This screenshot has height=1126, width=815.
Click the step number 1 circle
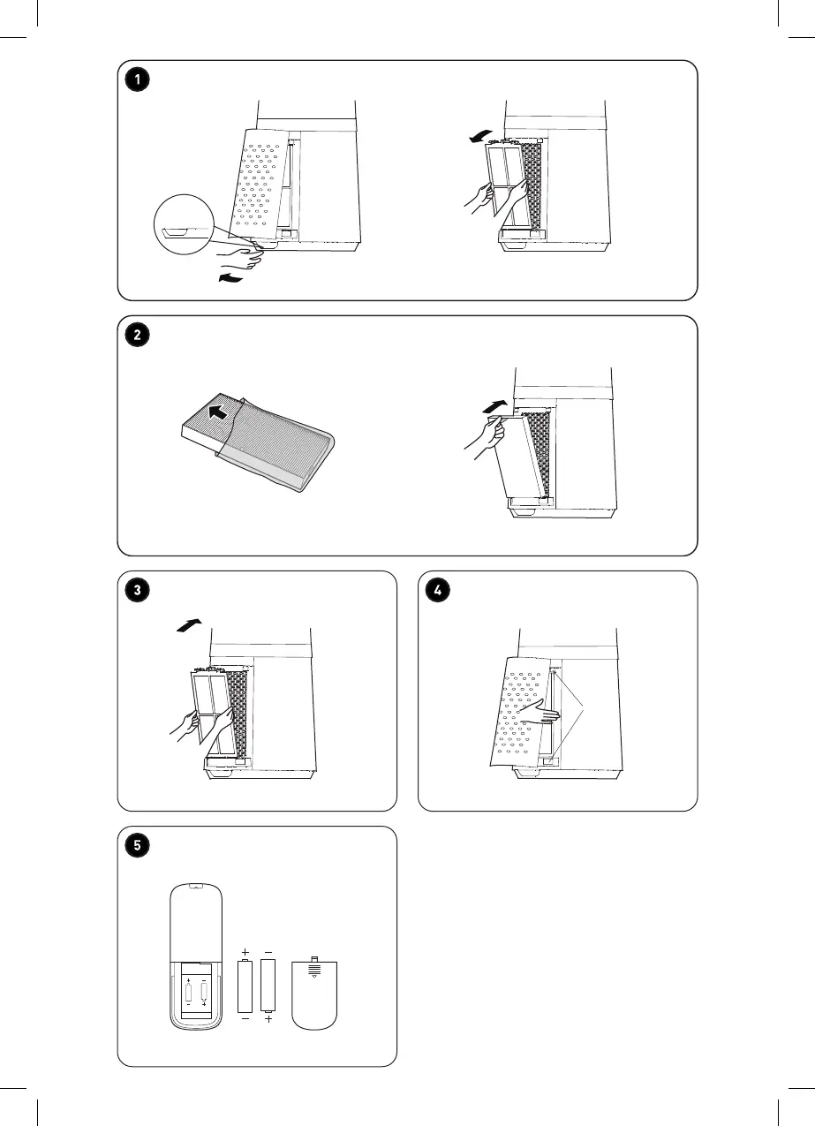tap(137, 79)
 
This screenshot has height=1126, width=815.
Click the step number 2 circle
tap(137, 335)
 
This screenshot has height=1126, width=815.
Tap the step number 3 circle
tap(137, 589)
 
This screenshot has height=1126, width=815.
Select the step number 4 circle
tap(437, 589)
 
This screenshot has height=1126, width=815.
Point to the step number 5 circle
tap(137, 845)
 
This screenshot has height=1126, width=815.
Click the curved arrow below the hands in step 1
tap(230, 280)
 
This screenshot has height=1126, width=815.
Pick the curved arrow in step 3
tap(188, 626)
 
